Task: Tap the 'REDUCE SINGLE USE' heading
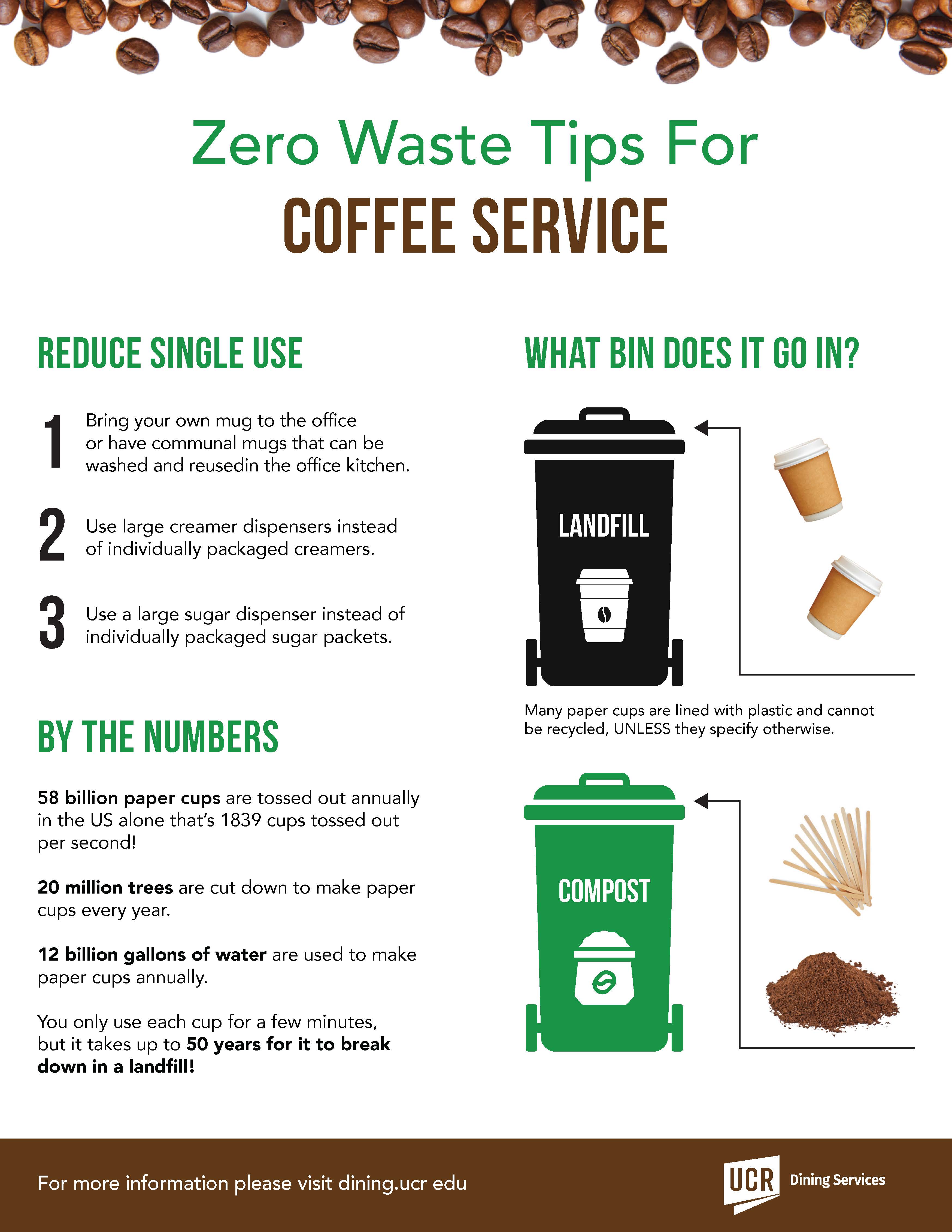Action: (170, 354)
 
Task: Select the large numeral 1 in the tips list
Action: (53, 442)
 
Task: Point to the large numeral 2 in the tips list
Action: (52, 535)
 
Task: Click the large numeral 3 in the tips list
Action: (52, 623)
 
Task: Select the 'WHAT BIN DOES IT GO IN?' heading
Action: (692, 354)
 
